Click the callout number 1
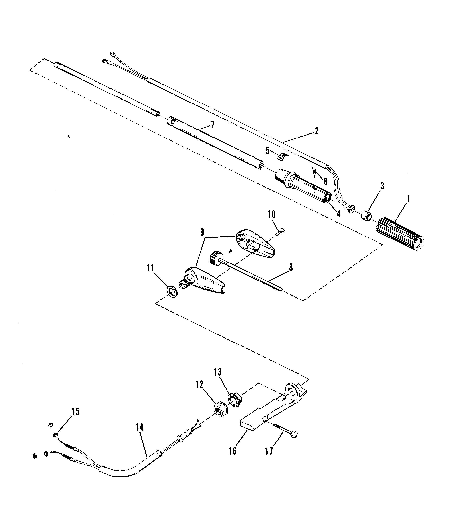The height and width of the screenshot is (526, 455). [408, 199]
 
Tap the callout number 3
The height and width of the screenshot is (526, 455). [382, 186]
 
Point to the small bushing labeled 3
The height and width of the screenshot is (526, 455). [366, 216]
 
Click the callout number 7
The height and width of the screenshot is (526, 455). [212, 125]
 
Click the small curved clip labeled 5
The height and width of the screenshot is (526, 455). [281, 157]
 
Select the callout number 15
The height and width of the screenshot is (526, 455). [76, 411]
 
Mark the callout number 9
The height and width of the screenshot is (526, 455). [202, 232]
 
